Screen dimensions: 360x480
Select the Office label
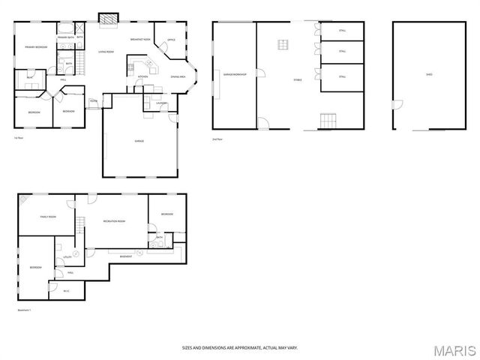pos(171,40)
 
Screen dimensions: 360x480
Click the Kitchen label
pos(142,76)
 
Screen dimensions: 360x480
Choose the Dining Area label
pos(178,76)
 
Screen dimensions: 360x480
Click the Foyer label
pos(94,100)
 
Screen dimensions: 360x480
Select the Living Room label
pos(106,52)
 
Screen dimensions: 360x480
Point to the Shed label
pos(428,74)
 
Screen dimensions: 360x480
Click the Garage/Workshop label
pos(234,73)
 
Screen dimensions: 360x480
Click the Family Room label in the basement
pos(49,217)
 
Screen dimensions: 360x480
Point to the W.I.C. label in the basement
pos(66,291)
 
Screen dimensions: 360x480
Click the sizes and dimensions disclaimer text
pos(239,347)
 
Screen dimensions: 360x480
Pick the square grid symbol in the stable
pos(283,44)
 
